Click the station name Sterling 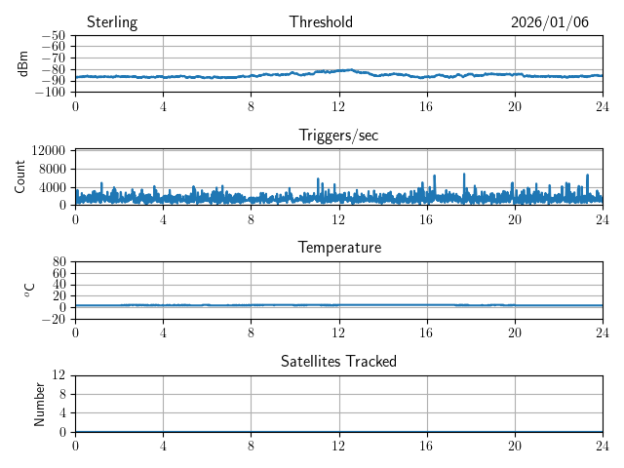click(x=112, y=22)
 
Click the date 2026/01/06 click(x=550, y=22)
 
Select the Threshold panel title click(x=321, y=22)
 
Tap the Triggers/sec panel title click(x=338, y=136)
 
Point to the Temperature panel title click(x=338, y=248)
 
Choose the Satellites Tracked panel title click(x=338, y=362)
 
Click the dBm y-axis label click(x=23, y=63)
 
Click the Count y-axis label click(x=20, y=176)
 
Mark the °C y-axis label click(x=29, y=290)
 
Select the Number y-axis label click(x=40, y=403)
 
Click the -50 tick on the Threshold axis click(x=53, y=36)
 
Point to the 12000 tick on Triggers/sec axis click(x=48, y=150)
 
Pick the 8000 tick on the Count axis click(x=52, y=169)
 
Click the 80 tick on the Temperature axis click(x=58, y=262)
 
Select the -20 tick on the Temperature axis click(x=53, y=319)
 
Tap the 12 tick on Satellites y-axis click(x=58, y=375)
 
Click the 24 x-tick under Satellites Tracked click(x=602, y=445)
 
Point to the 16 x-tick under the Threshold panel click(x=426, y=105)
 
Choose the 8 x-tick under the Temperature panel click(x=251, y=331)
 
